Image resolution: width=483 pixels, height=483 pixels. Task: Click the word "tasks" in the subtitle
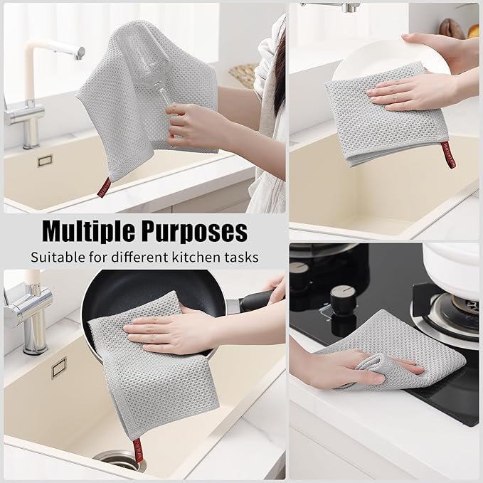point(241,257)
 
